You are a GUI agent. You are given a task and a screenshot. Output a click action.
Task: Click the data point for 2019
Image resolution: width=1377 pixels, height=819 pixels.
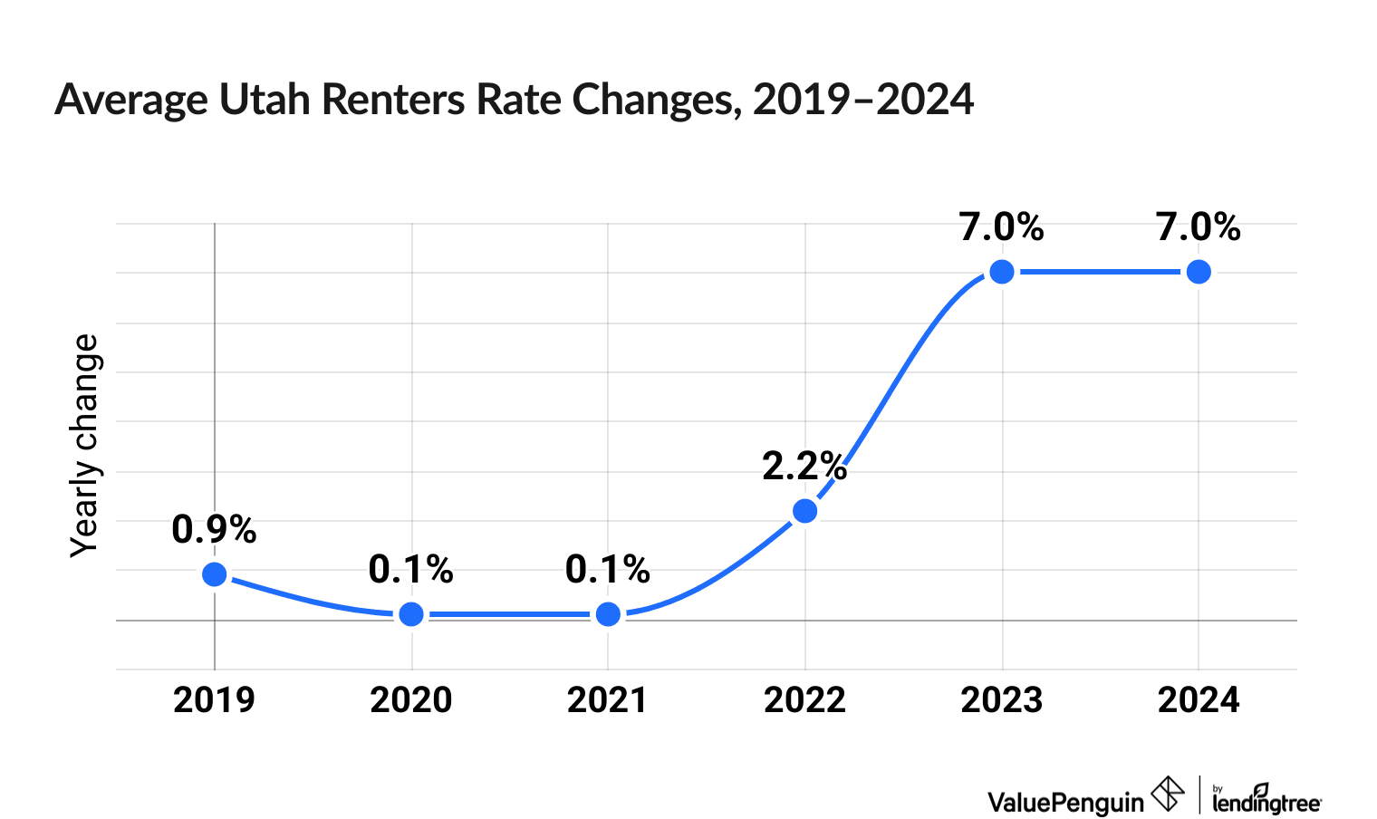pos(215,574)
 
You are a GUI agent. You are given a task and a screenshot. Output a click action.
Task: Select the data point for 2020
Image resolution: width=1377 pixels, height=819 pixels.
pos(411,614)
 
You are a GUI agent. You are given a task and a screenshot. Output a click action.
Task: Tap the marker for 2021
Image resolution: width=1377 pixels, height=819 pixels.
pos(609,614)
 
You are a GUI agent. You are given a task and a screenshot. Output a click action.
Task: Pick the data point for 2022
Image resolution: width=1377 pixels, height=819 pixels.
pos(804,511)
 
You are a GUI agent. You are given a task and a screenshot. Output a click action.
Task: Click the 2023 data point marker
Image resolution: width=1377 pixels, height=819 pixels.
pos(1002,272)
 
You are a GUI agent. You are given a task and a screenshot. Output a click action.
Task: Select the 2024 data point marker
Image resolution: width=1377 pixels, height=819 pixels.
pos(1199,272)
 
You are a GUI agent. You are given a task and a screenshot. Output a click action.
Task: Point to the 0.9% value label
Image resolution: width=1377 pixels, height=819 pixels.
pos(215,529)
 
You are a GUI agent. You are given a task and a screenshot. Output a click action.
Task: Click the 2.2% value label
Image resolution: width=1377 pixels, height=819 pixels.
pos(804,467)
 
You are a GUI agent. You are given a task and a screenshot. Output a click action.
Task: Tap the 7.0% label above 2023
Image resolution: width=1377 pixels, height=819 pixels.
pos(1002,227)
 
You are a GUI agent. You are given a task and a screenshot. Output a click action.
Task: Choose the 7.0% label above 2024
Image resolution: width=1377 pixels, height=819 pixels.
pos(1199,227)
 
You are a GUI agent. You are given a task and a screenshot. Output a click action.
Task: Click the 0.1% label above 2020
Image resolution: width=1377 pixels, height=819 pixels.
pos(411,570)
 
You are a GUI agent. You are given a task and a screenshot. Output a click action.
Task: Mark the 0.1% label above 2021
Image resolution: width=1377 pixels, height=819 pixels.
pos(608,570)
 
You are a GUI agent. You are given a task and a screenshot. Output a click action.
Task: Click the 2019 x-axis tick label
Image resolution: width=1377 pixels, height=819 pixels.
pos(215,700)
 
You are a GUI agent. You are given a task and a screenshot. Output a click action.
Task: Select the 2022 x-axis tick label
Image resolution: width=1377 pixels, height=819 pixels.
pos(804,700)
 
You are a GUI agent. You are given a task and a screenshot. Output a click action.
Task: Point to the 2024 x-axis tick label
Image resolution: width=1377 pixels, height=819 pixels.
pos(1199,700)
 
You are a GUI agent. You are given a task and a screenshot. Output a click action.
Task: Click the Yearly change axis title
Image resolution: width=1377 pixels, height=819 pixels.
pos(85,446)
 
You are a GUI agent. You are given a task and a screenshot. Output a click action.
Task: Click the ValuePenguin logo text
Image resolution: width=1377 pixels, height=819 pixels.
pos(1065,802)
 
